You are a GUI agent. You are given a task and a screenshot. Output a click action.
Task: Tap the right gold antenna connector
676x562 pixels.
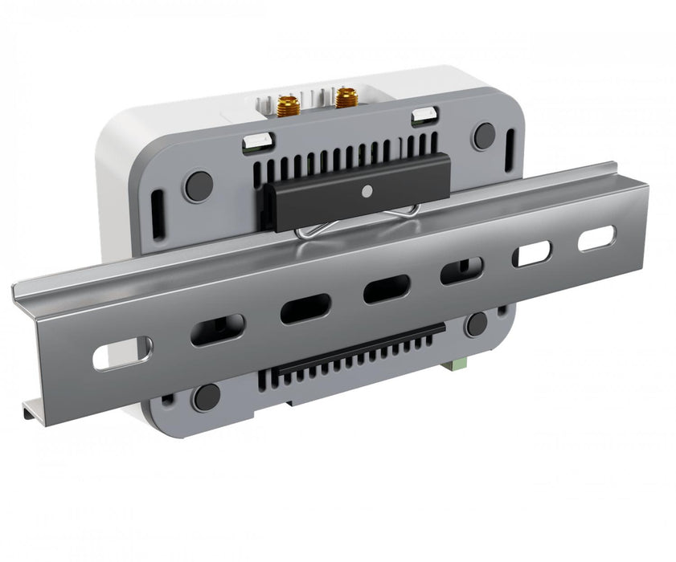(x=346, y=98)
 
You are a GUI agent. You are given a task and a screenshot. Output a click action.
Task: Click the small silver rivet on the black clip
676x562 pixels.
(x=367, y=192)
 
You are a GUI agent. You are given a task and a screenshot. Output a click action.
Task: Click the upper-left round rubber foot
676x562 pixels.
(x=198, y=186)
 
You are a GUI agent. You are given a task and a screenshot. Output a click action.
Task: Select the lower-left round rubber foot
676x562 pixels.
(x=207, y=396)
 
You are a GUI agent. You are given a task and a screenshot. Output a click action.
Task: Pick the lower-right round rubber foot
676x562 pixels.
(x=477, y=324)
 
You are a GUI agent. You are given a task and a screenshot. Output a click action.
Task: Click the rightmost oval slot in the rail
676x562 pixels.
(x=596, y=238)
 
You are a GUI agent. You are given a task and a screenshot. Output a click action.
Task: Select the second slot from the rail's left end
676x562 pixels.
(x=217, y=329)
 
